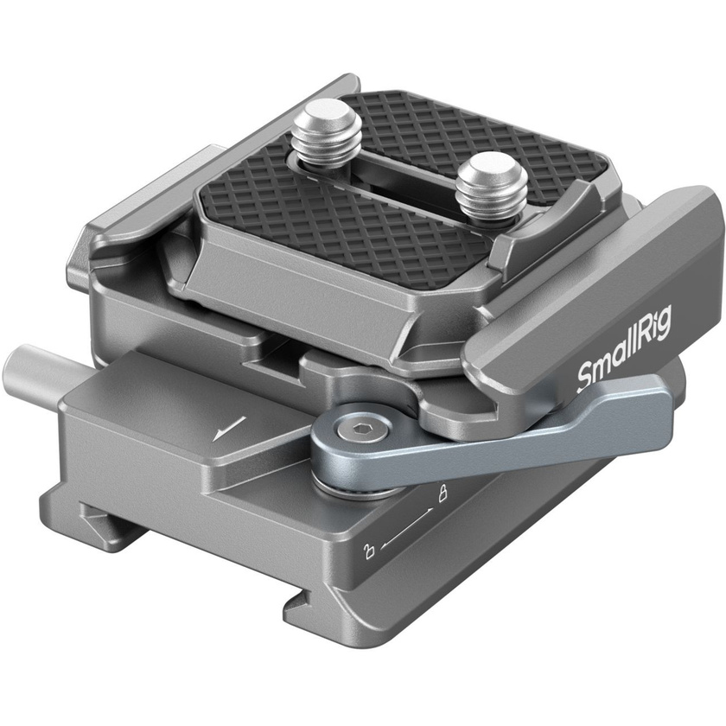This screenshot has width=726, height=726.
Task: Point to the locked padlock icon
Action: (x=443, y=494)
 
